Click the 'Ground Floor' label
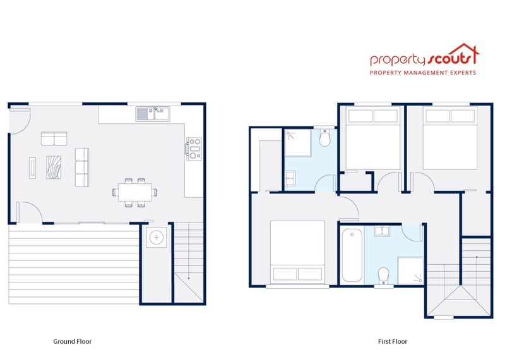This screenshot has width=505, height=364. pos(73,341)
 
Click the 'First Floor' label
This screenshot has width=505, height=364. pos(393,341)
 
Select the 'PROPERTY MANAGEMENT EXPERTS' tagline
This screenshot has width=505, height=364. pos(423,73)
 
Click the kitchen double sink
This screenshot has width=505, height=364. pos(153,113)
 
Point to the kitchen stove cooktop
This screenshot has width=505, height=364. pos(193,148)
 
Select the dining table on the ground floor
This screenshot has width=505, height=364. pos(135,191)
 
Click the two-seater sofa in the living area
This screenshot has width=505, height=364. pos(54,138)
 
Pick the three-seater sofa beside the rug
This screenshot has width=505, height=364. pos(82,167)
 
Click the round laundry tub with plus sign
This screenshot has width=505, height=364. pos(155,238)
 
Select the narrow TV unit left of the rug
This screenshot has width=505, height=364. pos(32,167)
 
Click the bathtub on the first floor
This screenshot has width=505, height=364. pos(352,257)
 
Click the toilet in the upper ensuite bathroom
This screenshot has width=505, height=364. pos(325,138)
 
